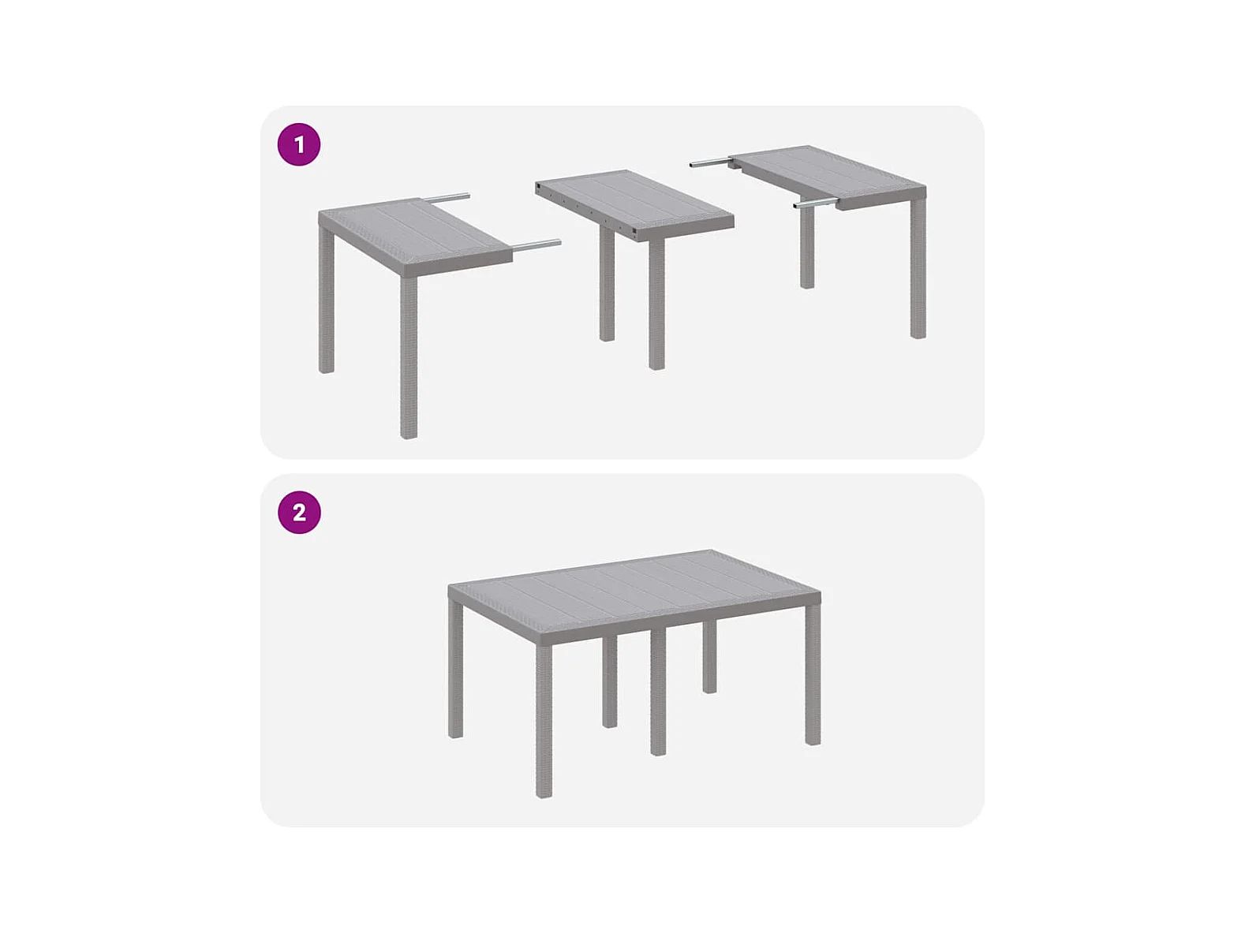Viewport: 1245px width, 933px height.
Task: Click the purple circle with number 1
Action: tap(299, 144)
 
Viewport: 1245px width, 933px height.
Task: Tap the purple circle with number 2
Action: tap(299, 512)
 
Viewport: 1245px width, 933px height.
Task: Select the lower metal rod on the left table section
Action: tap(537, 244)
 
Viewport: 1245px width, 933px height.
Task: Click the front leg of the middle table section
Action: tap(656, 304)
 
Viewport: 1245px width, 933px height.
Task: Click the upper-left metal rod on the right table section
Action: tap(709, 162)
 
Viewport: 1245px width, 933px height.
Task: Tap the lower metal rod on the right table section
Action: tap(815, 203)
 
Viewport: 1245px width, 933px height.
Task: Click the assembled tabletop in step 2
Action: tap(634, 592)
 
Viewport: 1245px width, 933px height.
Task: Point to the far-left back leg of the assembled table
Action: tap(455, 670)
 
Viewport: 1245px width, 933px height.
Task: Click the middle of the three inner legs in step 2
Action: tap(658, 692)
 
